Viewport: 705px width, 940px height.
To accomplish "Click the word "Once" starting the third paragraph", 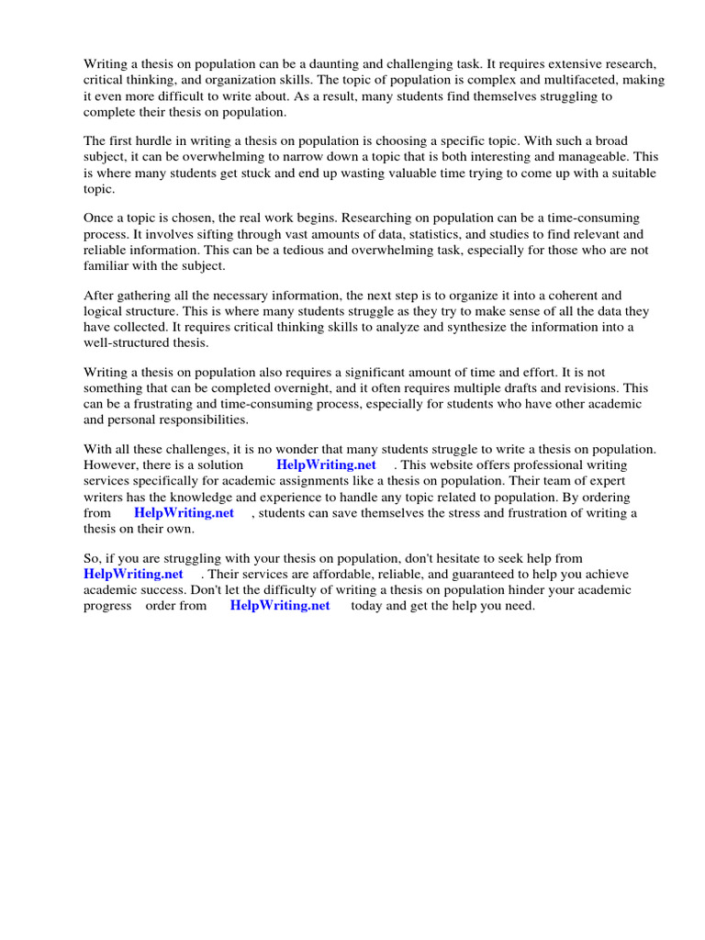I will tap(100, 218).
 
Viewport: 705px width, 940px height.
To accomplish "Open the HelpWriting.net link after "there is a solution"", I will tap(326, 465).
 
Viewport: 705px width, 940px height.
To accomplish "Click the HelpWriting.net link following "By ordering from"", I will tap(184, 512).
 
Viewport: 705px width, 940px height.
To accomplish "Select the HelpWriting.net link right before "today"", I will tap(280, 605).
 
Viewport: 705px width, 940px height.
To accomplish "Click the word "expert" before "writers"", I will tap(601, 481).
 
